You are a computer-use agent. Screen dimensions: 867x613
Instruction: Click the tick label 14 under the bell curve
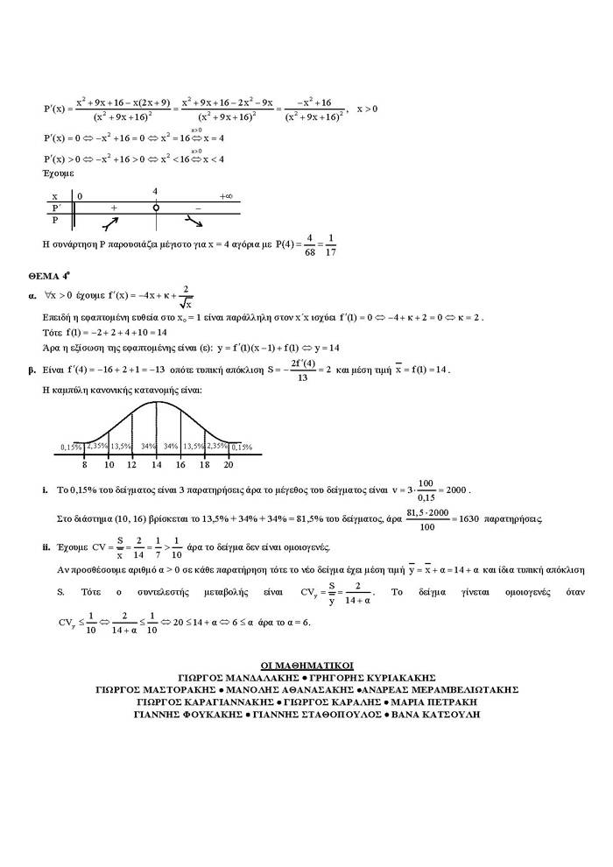pyautogui.click(x=156, y=464)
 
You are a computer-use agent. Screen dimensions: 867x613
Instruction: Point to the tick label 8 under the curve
pyautogui.click(x=84, y=464)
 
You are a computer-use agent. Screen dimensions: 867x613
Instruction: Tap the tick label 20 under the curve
pyautogui.click(x=229, y=464)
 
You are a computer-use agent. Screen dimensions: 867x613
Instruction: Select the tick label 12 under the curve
pyautogui.click(x=132, y=464)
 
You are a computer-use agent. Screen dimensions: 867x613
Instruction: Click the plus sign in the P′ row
pyautogui.click(x=114, y=208)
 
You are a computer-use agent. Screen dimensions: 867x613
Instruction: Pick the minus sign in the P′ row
pyautogui.click(x=198, y=208)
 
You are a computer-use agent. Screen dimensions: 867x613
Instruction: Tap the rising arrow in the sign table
pyautogui.click(x=113, y=222)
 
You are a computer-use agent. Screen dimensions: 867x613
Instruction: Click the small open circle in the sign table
pyautogui.click(x=156, y=208)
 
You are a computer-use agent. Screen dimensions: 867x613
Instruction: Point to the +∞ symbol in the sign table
pyautogui.click(x=226, y=196)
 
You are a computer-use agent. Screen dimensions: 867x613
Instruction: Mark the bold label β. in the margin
pyautogui.click(x=32, y=370)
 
